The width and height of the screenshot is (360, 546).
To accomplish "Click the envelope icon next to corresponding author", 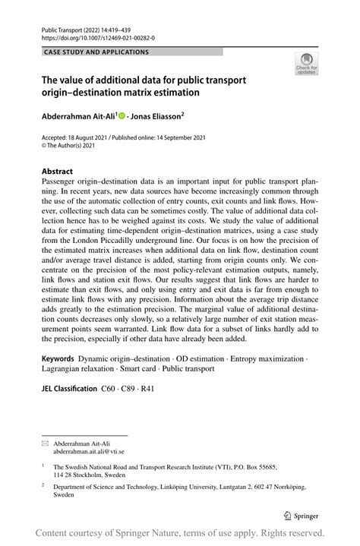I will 44,441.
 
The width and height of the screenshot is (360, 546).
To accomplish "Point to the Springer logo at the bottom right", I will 301,514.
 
